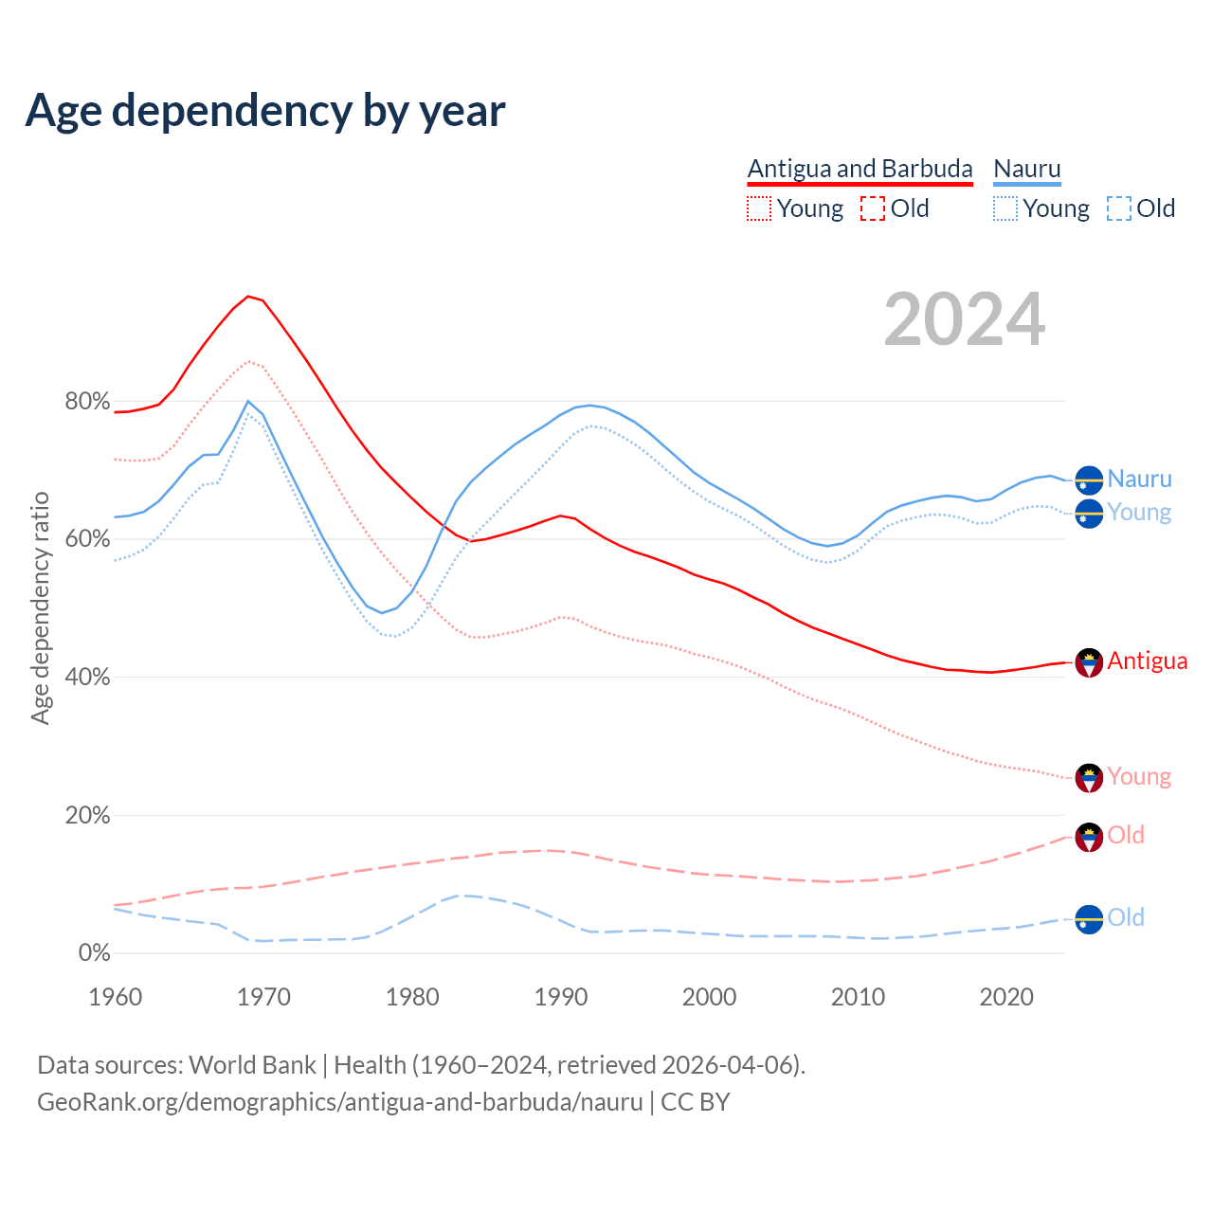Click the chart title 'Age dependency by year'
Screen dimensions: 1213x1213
pos(265,111)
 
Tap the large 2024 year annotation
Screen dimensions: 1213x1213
pos(964,320)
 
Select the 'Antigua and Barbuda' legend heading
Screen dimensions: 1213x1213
pos(860,169)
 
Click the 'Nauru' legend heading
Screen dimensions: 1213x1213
pos(1027,169)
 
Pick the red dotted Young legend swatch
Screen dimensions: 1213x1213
pos(759,208)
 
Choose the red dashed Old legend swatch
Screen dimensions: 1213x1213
pos(873,208)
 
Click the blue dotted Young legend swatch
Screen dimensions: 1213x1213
pos(1005,208)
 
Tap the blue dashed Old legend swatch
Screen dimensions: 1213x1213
pos(1119,208)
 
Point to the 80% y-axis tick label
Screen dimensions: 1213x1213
pos(87,402)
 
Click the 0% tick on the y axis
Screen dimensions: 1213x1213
pos(94,953)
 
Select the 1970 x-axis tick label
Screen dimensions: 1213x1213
pos(263,997)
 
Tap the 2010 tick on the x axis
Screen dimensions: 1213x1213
pos(858,997)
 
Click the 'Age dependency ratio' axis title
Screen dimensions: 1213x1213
pos(40,607)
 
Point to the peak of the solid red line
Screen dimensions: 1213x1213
pos(248,297)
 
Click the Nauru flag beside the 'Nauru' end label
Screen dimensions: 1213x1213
pos(1089,480)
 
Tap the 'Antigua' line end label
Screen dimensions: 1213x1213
pos(1147,661)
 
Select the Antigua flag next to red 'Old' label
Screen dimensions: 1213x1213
pos(1089,837)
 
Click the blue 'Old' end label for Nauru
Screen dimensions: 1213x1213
pos(1126,917)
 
